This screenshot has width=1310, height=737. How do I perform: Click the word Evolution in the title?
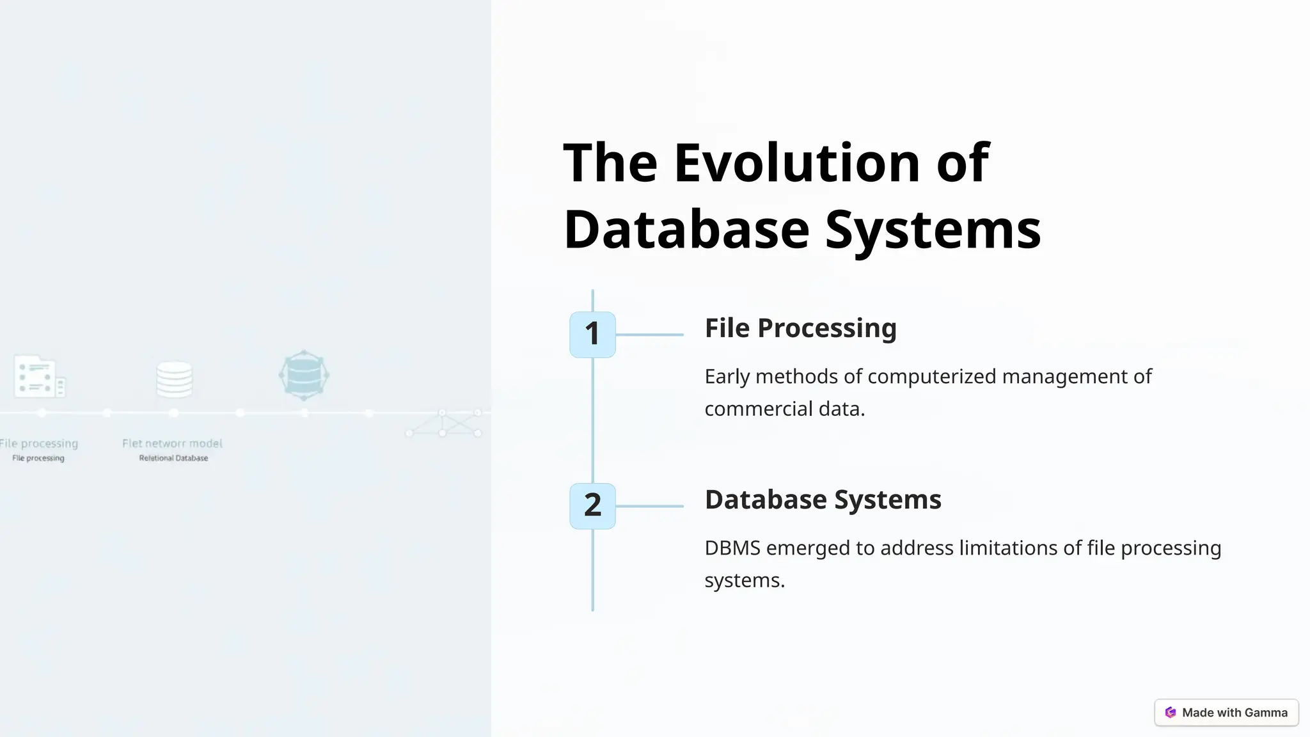click(x=797, y=162)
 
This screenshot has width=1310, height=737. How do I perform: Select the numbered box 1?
click(x=592, y=334)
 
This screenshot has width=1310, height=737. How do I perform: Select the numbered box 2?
click(x=592, y=505)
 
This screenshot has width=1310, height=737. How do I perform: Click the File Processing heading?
click(x=800, y=328)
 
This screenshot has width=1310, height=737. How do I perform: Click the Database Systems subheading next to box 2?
click(x=823, y=500)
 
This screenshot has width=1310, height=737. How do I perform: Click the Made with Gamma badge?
click(x=1226, y=713)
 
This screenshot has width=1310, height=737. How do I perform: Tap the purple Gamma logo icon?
click(x=1171, y=713)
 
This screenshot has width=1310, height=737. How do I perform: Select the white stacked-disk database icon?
click(x=174, y=379)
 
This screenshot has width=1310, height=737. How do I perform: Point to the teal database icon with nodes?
click(x=304, y=375)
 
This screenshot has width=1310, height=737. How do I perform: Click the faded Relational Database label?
click(x=173, y=458)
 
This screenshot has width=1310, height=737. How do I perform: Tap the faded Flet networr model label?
click(x=172, y=443)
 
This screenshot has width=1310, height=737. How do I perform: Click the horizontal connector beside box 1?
click(x=649, y=335)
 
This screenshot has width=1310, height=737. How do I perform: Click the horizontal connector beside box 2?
click(x=649, y=506)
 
